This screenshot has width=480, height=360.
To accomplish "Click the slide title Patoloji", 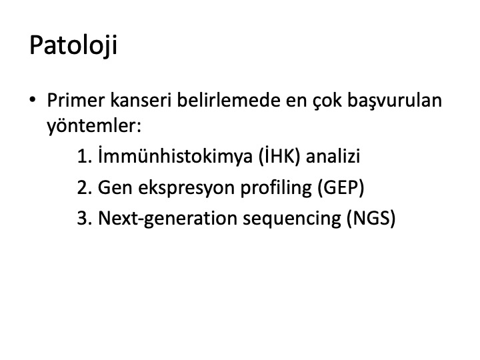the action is [x=73, y=45].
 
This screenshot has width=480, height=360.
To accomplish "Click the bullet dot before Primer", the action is [x=33, y=99].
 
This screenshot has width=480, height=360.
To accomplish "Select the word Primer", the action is [x=75, y=100].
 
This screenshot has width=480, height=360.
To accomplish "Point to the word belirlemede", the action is [x=229, y=100].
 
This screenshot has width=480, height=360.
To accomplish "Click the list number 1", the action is [x=85, y=156].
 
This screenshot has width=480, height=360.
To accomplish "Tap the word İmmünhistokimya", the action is [x=175, y=156].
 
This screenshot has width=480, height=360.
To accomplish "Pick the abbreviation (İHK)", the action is [x=279, y=156].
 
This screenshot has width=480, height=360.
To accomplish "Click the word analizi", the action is [x=333, y=156].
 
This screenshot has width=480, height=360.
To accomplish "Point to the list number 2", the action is [x=85, y=187].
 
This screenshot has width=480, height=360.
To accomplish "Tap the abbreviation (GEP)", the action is [x=341, y=187].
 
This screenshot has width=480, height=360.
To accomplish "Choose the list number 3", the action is [x=85, y=218].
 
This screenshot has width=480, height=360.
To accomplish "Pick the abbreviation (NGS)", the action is [x=371, y=218].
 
